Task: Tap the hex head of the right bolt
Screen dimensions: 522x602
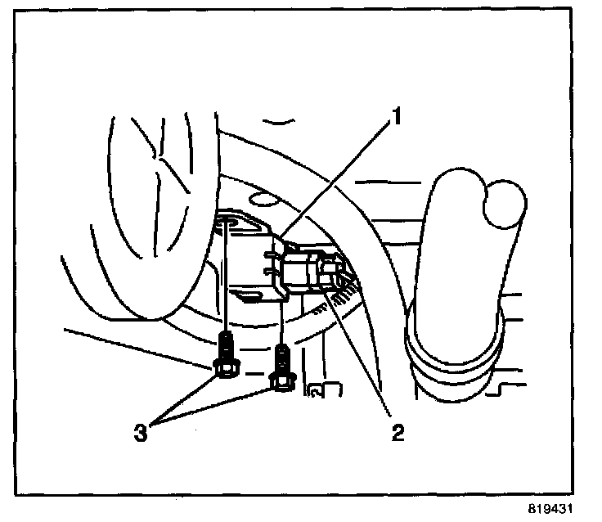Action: (282, 380)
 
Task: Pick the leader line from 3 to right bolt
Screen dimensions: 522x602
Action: (221, 403)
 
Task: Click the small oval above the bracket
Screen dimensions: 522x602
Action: (260, 199)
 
